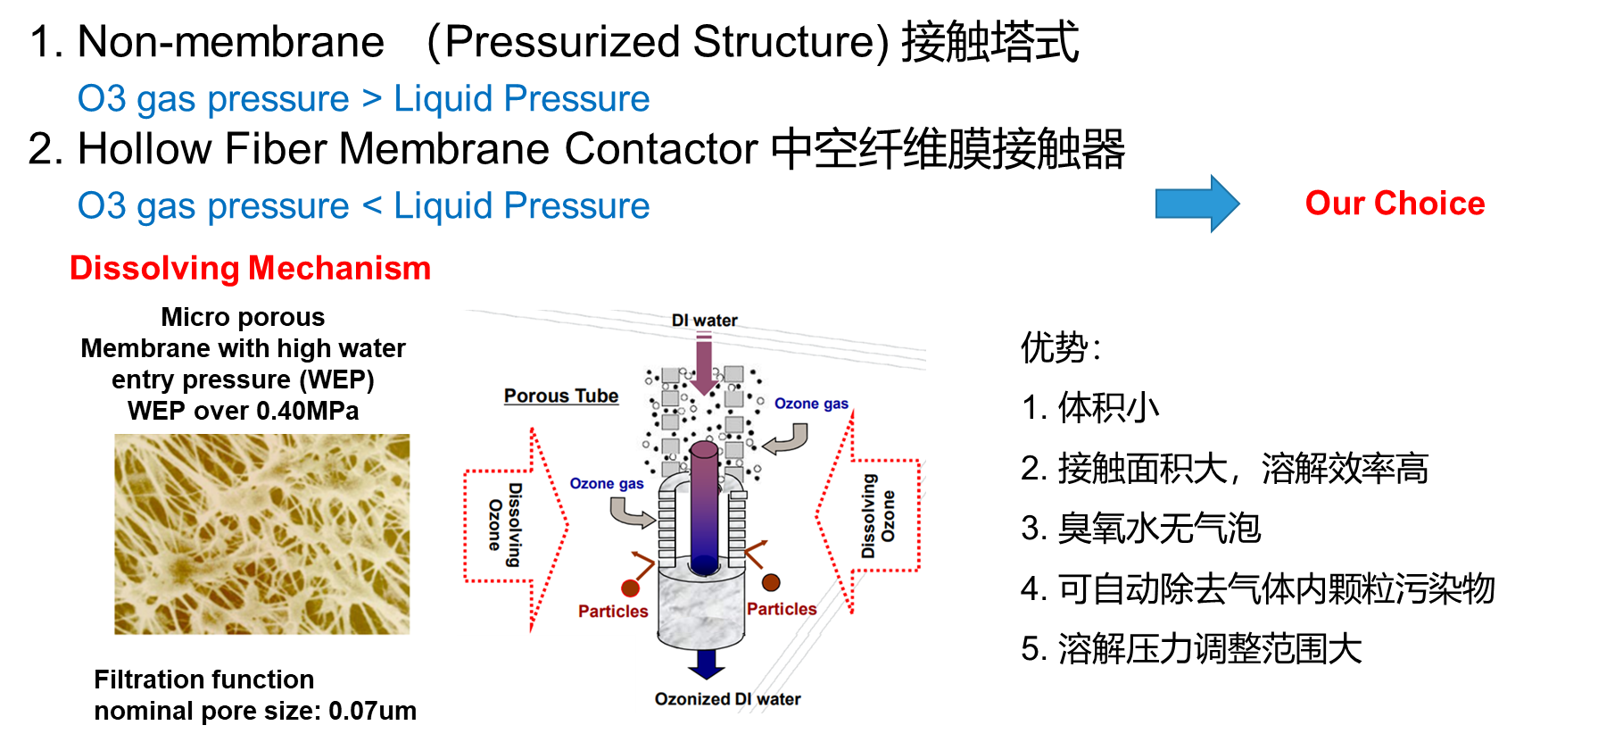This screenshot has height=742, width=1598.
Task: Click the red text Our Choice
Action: [x=1395, y=204]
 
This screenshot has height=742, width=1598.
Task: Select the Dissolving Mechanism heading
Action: [x=250, y=268]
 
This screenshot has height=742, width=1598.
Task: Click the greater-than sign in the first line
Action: [x=371, y=99]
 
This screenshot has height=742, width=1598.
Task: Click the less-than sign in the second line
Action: [x=371, y=206]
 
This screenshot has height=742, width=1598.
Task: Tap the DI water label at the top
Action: [x=704, y=321]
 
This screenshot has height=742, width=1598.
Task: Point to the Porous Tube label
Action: [x=561, y=396]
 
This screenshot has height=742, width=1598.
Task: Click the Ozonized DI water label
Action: [x=727, y=699]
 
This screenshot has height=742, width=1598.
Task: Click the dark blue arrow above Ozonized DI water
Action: [x=706, y=664]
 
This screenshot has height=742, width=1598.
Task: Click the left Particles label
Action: [x=613, y=612]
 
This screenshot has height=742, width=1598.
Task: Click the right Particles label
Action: [x=782, y=609]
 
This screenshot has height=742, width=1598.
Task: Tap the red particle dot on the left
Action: [x=631, y=588]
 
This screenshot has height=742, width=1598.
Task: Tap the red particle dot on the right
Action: [x=771, y=582]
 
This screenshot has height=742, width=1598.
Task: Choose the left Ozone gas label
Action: [x=607, y=484]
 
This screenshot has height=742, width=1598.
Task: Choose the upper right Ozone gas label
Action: [x=811, y=404]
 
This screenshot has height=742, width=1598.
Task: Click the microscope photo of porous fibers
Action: [x=263, y=537]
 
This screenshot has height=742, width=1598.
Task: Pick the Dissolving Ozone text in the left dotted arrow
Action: [x=504, y=525]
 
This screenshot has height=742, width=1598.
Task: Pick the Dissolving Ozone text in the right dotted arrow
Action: [x=878, y=516]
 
